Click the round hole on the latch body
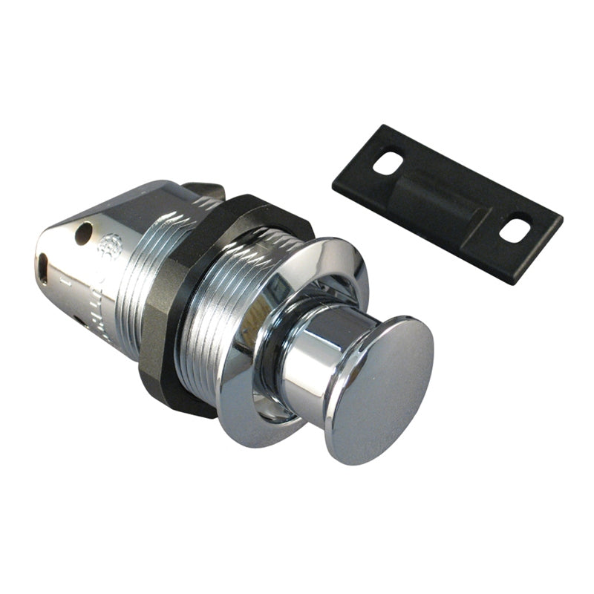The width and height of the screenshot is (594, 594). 84,232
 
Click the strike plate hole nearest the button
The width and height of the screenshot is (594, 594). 388,163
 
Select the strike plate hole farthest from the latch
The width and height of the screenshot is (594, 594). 515,227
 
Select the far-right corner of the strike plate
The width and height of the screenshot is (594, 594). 561,219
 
